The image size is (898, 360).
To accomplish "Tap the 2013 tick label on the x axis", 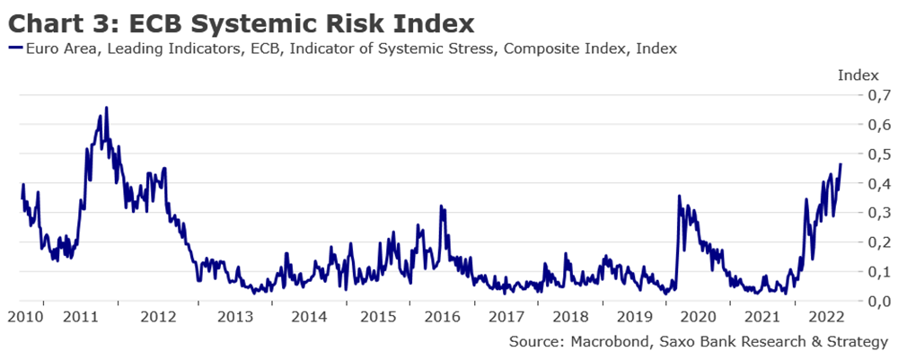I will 235,316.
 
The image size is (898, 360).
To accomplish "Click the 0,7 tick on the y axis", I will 876,95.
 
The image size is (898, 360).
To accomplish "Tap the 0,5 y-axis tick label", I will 876,154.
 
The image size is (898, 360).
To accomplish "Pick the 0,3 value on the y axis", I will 876,213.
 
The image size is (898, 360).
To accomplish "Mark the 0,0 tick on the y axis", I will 876,301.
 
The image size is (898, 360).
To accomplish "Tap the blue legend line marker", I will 15,48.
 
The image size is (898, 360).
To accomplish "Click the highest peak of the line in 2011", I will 106,108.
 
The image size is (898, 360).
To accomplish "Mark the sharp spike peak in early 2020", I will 679,196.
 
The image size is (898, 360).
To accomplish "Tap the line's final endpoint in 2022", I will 841,164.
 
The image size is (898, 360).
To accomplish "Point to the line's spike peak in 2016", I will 441,206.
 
